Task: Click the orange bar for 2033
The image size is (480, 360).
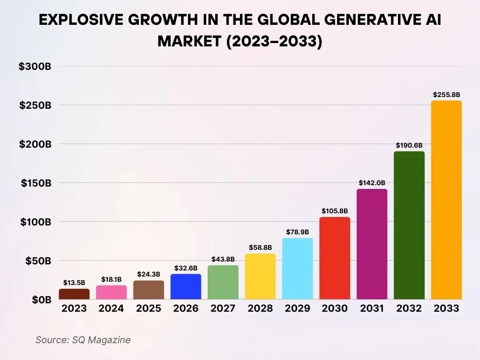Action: (x=446, y=200)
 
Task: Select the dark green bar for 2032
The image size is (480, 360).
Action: (x=409, y=225)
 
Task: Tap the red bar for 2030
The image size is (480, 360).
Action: (x=335, y=258)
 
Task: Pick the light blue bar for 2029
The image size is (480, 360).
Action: (x=297, y=269)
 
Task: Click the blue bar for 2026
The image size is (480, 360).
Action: (x=186, y=286)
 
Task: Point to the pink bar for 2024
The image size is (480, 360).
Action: (x=111, y=292)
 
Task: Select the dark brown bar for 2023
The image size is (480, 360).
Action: (x=74, y=294)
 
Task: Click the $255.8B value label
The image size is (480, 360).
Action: (x=446, y=95)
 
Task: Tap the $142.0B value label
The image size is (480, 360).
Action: (x=372, y=183)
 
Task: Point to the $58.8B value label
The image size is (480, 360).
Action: (x=260, y=247)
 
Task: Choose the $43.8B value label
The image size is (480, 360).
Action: (x=223, y=259)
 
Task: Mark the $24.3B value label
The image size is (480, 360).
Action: (x=149, y=274)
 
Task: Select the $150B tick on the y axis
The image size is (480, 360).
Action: (x=36, y=183)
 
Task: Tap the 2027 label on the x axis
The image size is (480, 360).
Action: (x=223, y=308)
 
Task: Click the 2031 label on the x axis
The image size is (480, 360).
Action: (x=372, y=308)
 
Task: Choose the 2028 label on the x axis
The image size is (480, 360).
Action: (x=260, y=308)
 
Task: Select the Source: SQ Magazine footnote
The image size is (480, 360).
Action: (x=82, y=340)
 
